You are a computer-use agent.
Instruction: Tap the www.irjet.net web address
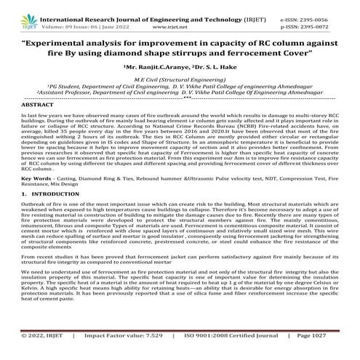click(x=180, y=16)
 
